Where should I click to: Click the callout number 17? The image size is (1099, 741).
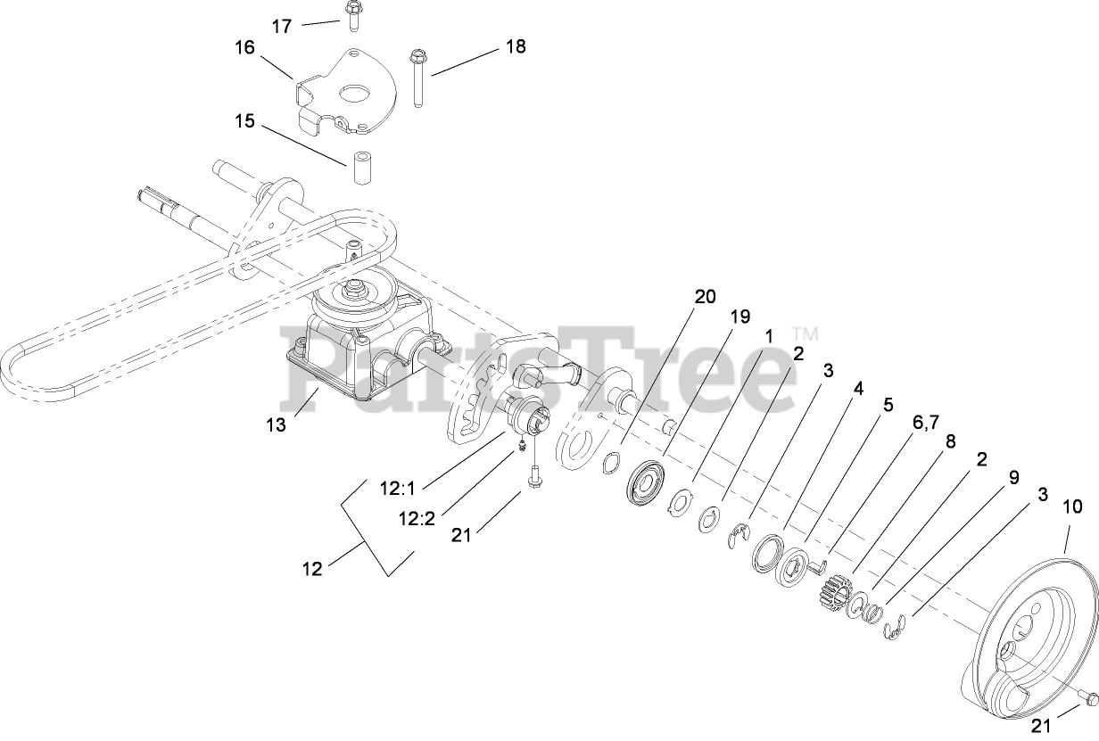pos(281,26)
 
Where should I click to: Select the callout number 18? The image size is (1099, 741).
pos(515,46)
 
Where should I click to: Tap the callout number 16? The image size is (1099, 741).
pos(244,47)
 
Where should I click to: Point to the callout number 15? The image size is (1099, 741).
pos(244,121)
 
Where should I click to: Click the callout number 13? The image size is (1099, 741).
pos(276,424)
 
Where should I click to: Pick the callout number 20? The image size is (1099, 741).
pos(705,297)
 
